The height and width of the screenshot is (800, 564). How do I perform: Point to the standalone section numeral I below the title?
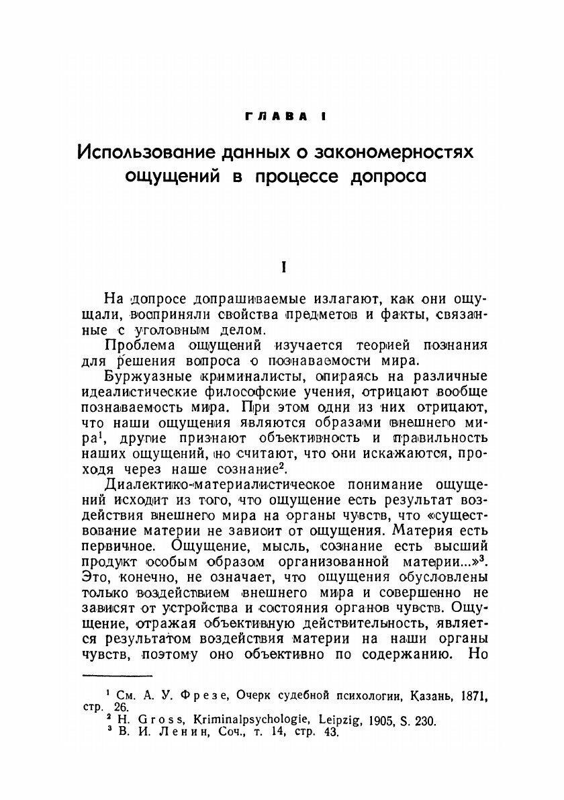coord(285,267)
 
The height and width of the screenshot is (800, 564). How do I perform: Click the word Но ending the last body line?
coord(478,655)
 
